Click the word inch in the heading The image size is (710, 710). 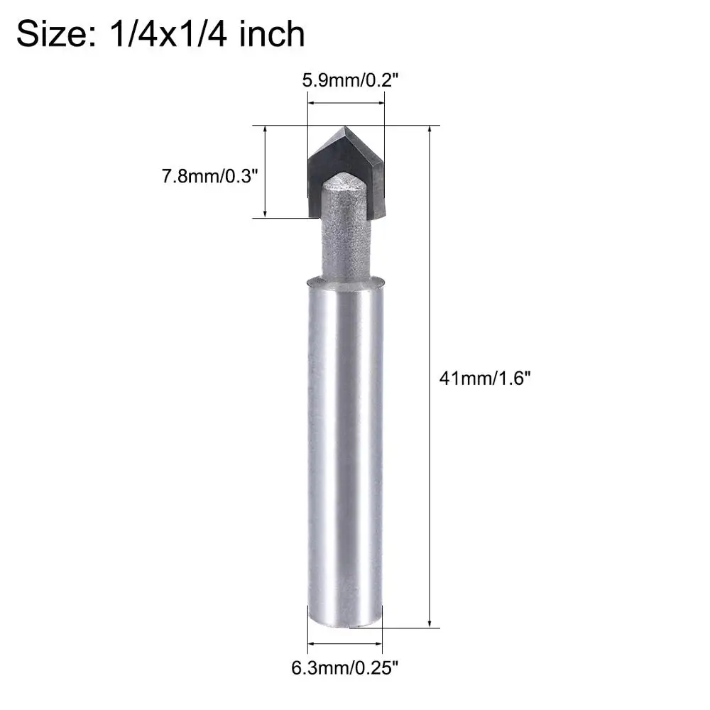point(272,34)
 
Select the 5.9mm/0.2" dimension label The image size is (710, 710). point(350,81)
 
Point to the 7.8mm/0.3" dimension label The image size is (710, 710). point(209,175)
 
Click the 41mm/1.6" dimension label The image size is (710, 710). point(484,378)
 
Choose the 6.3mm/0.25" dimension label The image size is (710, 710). point(344,667)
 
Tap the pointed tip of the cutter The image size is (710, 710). point(345,126)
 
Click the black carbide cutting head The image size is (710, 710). point(346,172)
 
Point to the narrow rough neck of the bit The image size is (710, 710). point(346,236)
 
